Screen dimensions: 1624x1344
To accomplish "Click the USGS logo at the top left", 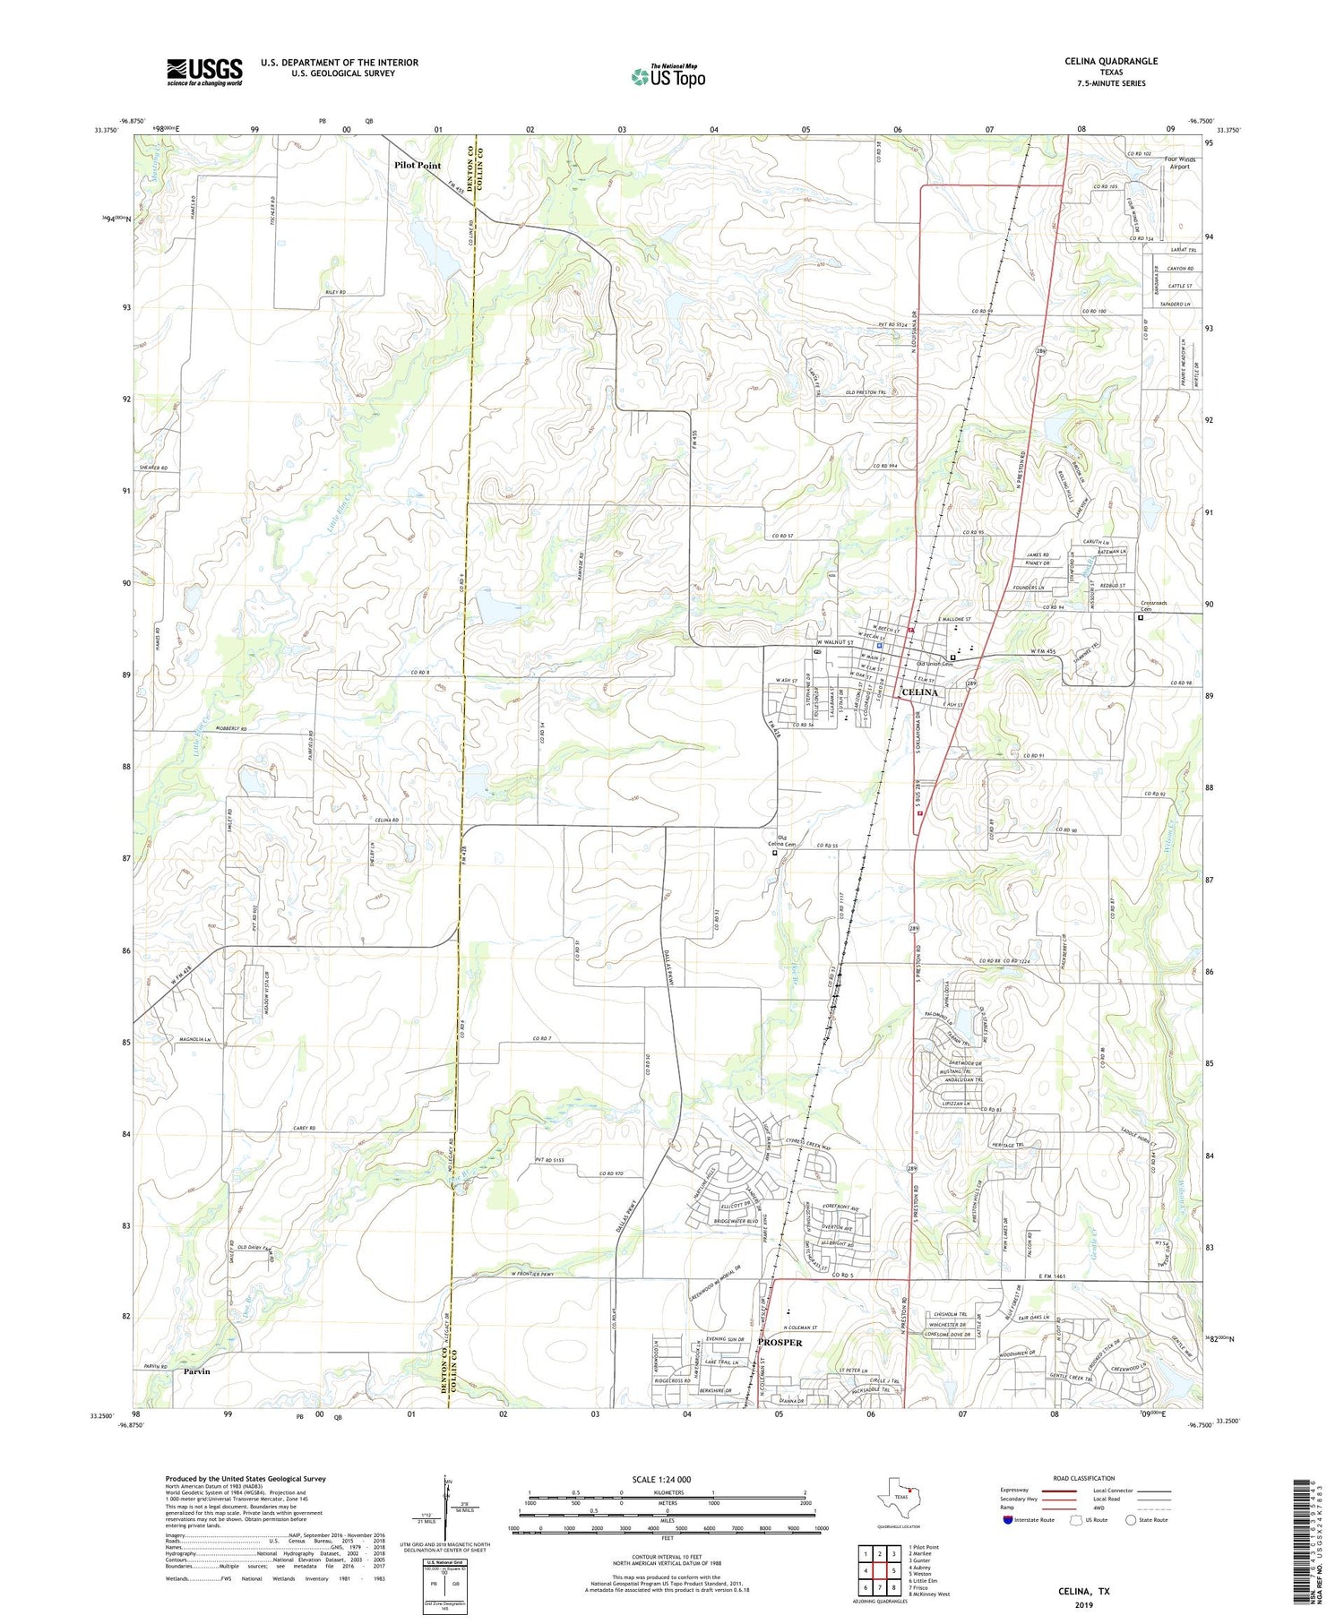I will point(204,72).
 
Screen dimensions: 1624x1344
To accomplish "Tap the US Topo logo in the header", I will point(668,76).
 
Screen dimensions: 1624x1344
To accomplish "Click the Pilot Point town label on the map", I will point(418,166).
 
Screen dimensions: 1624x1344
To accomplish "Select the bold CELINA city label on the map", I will point(920,692).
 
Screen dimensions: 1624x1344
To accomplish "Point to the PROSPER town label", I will point(780,1343).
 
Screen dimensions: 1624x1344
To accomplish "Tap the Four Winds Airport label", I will point(1179,163).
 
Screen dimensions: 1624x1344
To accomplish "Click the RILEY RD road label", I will point(330,293).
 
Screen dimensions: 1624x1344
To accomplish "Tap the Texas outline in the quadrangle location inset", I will point(896,1497).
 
